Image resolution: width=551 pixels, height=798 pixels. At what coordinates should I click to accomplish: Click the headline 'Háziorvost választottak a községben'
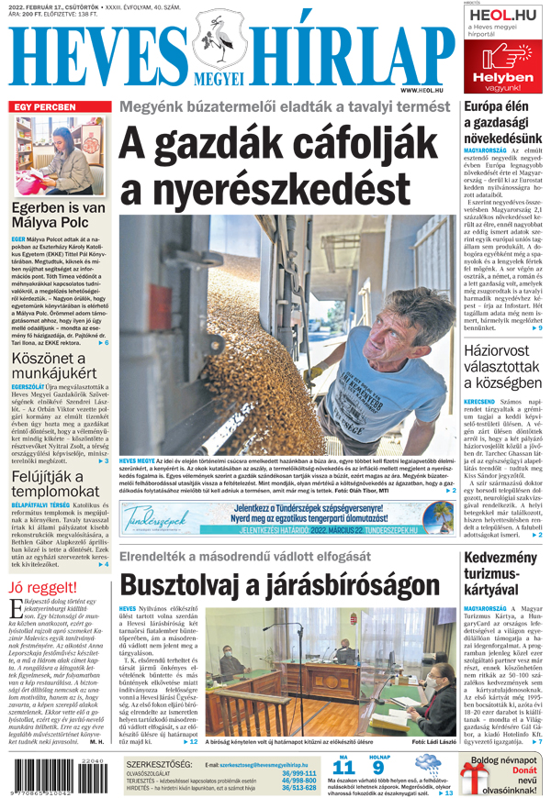click(504, 369)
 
